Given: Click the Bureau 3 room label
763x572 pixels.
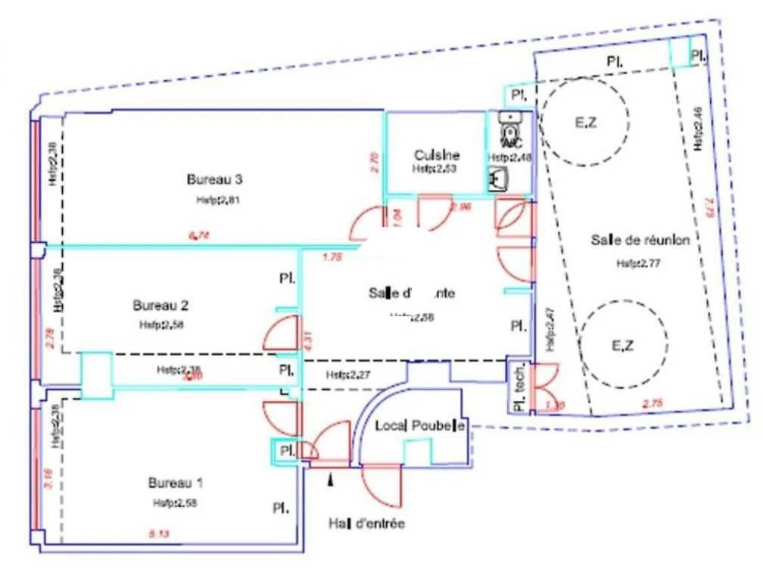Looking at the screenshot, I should (x=214, y=180).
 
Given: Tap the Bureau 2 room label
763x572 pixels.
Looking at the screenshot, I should (x=160, y=306).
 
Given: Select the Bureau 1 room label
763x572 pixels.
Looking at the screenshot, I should (x=175, y=483).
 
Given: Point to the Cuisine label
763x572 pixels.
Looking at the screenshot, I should (x=433, y=154).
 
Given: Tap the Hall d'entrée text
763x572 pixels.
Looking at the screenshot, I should (x=366, y=524).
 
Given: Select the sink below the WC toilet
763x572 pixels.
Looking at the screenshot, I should (x=500, y=180).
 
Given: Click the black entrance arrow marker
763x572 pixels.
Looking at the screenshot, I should (x=330, y=479).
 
